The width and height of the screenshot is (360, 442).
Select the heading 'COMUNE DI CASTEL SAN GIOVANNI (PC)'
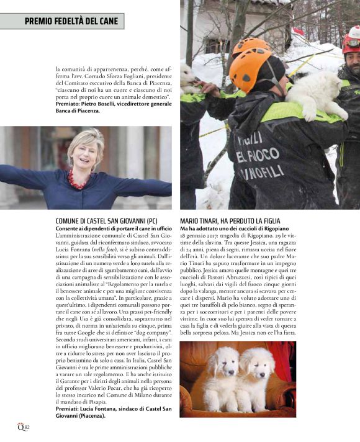tap(97, 221)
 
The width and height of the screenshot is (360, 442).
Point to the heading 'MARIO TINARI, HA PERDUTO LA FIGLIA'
tap(230, 221)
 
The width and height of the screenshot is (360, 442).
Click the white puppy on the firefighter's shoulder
tap(315, 93)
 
